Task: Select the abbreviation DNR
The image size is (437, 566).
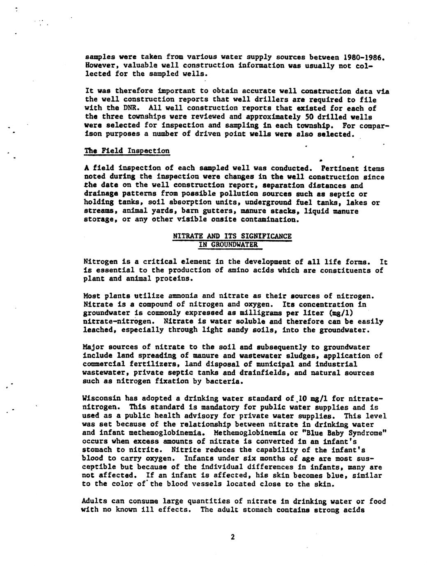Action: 130,108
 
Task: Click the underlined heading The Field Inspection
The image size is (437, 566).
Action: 126,151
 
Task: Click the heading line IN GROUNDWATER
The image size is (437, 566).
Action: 228,245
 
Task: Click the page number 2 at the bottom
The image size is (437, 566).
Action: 232,537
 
